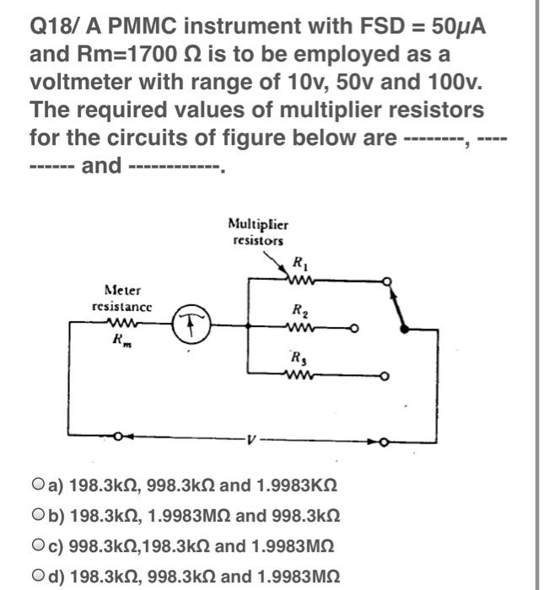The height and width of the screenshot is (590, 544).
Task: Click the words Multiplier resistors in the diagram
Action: tap(258, 232)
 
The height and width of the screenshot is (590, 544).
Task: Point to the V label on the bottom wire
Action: tap(249, 440)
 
